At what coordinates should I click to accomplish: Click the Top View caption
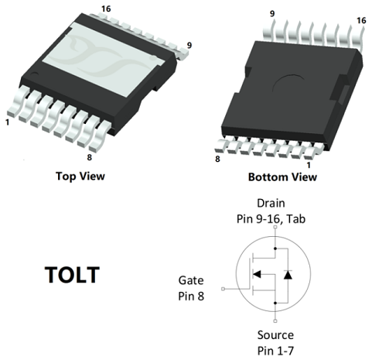click(80, 177)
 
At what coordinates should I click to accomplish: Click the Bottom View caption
click(282, 177)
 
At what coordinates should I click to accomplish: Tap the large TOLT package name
click(73, 275)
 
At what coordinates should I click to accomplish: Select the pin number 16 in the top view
click(106, 9)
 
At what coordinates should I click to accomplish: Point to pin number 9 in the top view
click(189, 45)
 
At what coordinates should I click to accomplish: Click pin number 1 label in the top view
click(8, 122)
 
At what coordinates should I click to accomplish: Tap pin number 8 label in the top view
click(90, 157)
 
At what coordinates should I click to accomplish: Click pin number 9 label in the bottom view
click(272, 13)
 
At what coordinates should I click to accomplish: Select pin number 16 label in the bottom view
click(361, 20)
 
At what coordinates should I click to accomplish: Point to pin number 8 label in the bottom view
click(217, 159)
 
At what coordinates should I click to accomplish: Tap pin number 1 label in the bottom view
click(309, 165)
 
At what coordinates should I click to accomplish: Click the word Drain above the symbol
click(271, 204)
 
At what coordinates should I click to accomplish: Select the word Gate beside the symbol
click(191, 280)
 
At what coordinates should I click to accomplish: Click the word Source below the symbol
click(275, 335)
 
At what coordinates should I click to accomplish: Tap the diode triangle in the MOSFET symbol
click(288, 275)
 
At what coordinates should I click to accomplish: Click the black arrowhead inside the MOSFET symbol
click(257, 274)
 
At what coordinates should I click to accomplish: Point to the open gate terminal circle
click(224, 289)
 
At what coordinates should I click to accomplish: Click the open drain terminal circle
click(275, 227)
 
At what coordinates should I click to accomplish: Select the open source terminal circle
click(275, 321)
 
